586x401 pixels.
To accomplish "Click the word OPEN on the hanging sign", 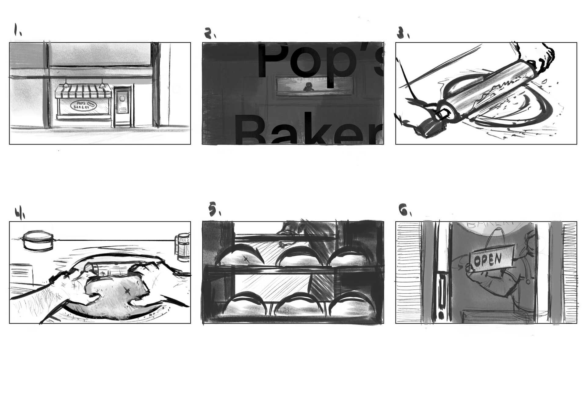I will tap(487, 259).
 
